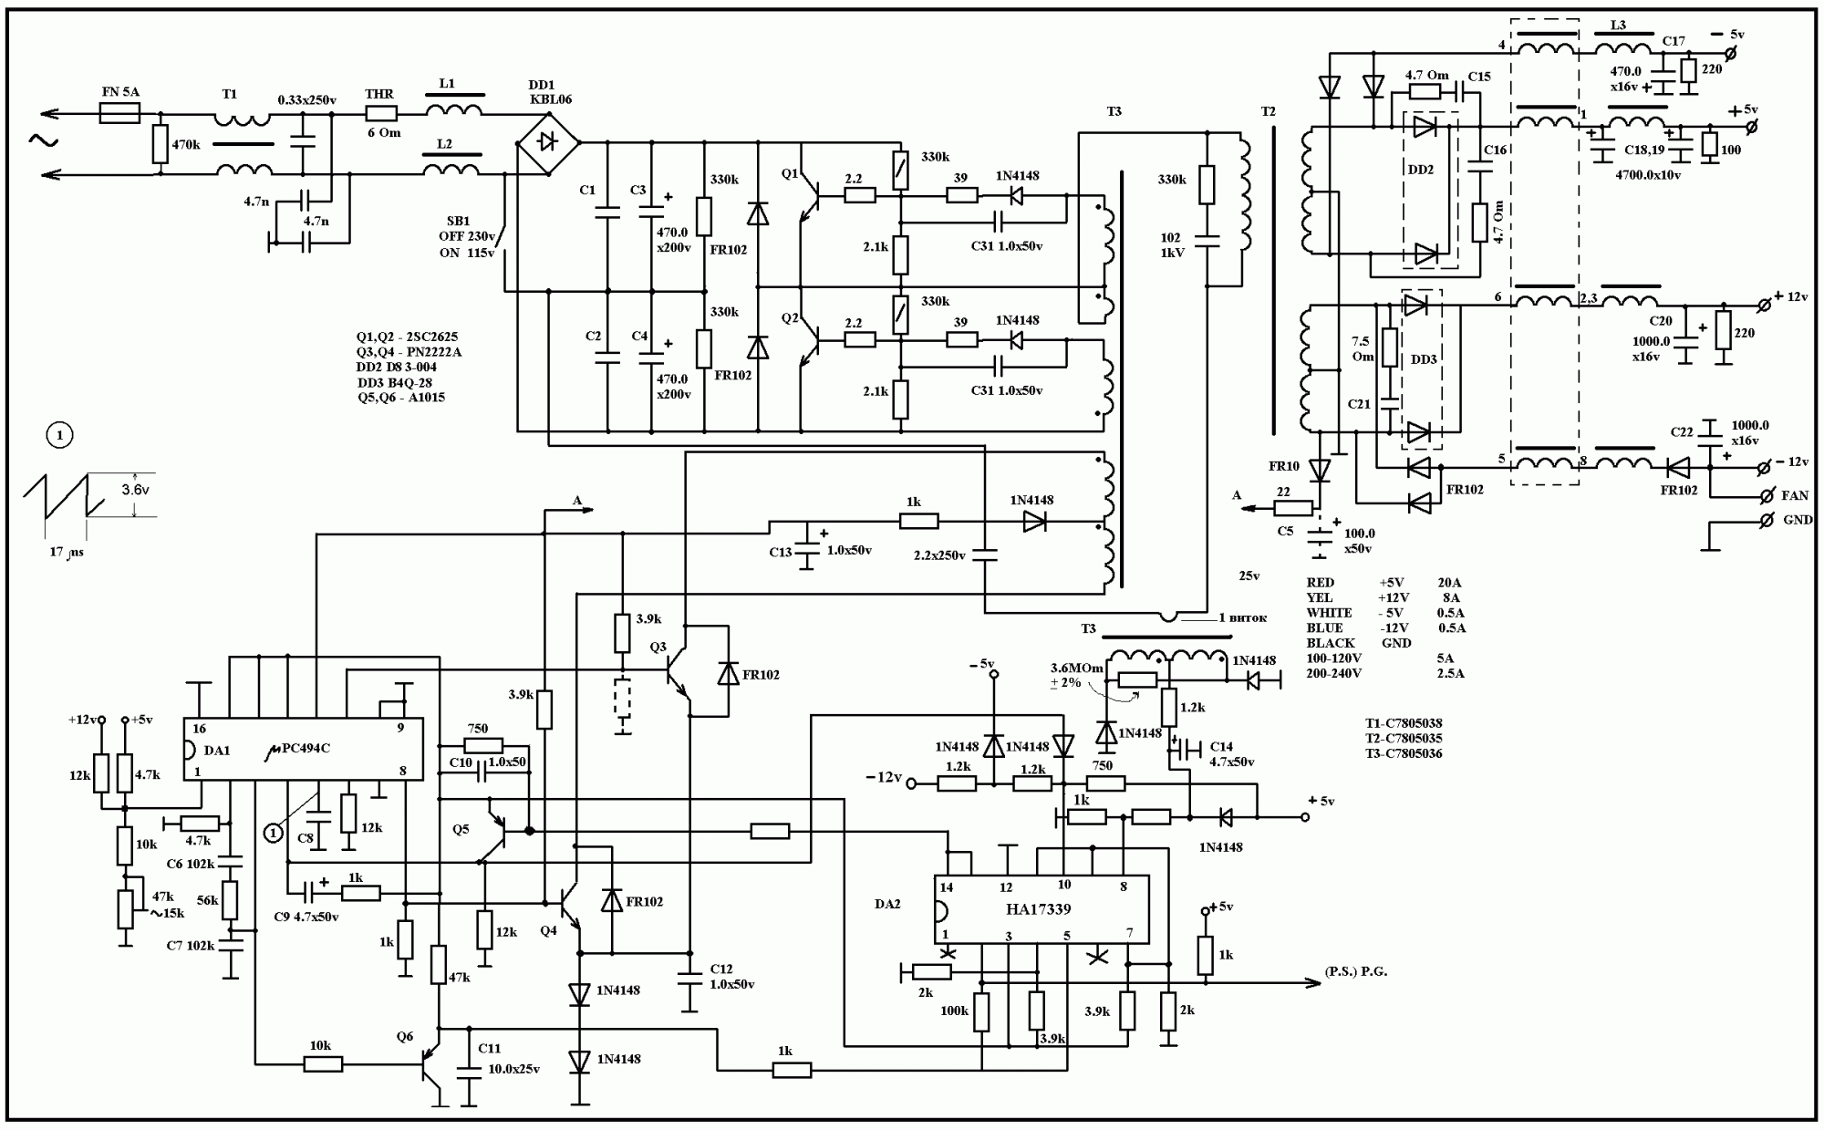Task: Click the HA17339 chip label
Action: pyautogui.click(x=1039, y=909)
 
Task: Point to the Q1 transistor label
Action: pyautogui.click(x=790, y=173)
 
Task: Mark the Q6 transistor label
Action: pyautogui.click(x=405, y=1036)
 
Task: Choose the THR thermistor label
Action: pyautogui.click(x=379, y=94)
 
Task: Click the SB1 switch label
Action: pyautogui.click(x=459, y=222)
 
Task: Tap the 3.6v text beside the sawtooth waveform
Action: pyautogui.click(x=135, y=490)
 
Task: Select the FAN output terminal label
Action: pyautogui.click(x=1795, y=496)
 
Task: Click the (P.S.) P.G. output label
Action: pyautogui.click(x=1356, y=972)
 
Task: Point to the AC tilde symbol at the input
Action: pyautogui.click(x=43, y=140)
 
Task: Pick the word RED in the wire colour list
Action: pyautogui.click(x=1320, y=583)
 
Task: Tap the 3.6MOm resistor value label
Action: pyautogui.click(x=1077, y=668)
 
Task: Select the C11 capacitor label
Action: pyautogui.click(x=489, y=1049)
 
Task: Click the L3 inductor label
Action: pyautogui.click(x=1618, y=26)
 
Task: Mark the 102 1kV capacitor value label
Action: pyautogui.click(x=1172, y=245)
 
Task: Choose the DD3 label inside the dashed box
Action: pyautogui.click(x=1423, y=359)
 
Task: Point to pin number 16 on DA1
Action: pyautogui.click(x=199, y=729)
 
